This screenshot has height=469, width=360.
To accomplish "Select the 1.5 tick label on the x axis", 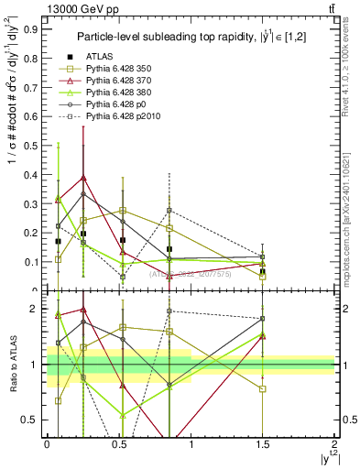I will tap(263, 443).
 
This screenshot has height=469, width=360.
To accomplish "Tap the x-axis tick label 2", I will tap(334, 443).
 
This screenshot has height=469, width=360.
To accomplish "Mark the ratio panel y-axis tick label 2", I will tap(36, 309).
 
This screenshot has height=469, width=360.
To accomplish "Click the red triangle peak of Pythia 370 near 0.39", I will tap(83, 178).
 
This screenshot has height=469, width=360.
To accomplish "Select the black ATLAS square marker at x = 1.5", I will tap(263, 272).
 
